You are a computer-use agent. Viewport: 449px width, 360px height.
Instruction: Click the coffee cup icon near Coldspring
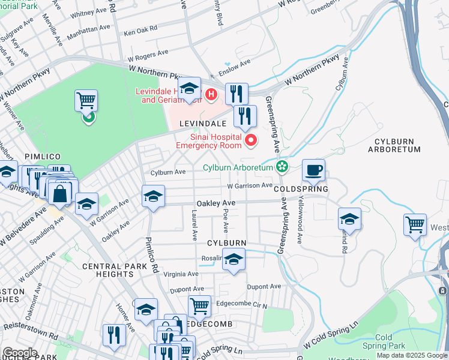pos(313,170)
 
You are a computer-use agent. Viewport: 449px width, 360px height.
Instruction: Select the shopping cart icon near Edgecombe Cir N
pos(199,306)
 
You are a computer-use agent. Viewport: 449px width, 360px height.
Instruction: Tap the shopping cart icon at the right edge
pos(415,225)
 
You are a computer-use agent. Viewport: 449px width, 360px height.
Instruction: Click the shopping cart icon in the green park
pos(86,101)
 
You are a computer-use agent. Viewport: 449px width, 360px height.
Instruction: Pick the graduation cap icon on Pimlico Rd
pos(153,196)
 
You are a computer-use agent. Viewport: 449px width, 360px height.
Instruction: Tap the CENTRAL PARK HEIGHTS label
pos(113,270)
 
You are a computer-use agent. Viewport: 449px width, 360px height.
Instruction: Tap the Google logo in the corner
pos(20,353)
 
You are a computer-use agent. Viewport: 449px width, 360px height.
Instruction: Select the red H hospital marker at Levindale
pos(211,94)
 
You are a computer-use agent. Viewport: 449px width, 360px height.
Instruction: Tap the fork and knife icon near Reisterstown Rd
pos(114,335)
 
